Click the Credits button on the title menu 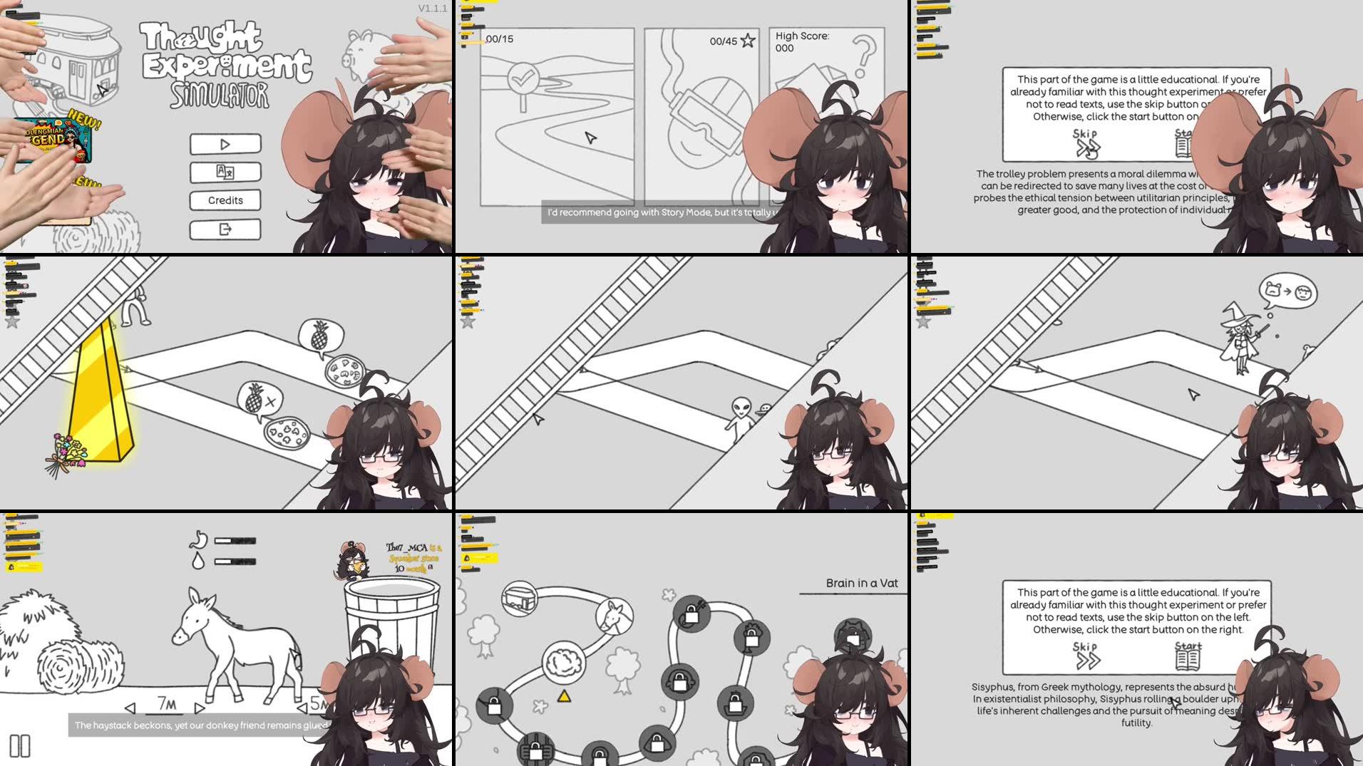click(x=225, y=200)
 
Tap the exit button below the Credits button click(x=225, y=229)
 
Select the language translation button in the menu click(x=225, y=172)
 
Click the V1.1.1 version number click(x=432, y=9)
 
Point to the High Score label click(x=802, y=36)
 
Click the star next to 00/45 click(x=747, y=41)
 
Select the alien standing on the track click(x=741, y=417)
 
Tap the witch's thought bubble click(x=1287, y=291)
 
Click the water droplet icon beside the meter click(x=198, y=561)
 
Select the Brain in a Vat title click(x=861, y=583)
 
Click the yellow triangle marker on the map click(x=564, y=696)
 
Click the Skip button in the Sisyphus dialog click(x=1086, y=656)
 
